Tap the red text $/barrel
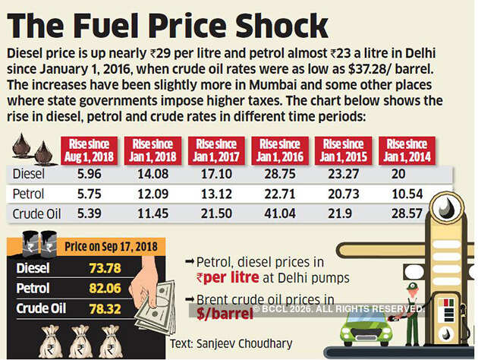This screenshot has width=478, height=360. (x=215, y=312)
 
